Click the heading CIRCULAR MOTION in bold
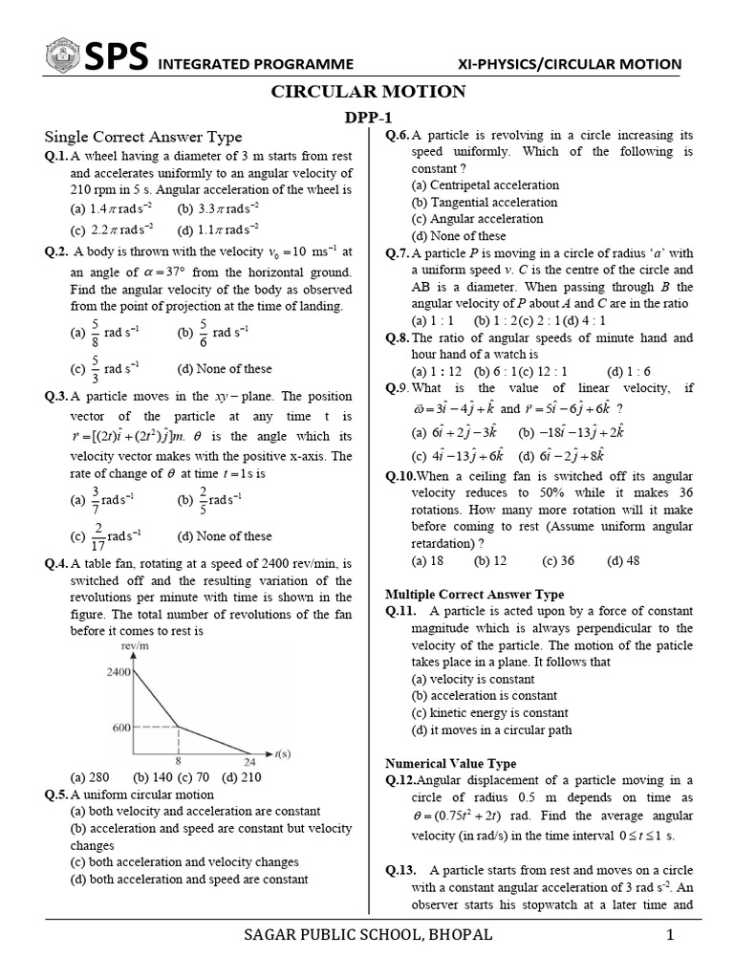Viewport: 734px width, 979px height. (x=369, y=92)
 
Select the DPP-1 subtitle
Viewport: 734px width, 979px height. (x=368, y=116)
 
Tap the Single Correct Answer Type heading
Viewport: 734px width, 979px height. (x=143, y=137)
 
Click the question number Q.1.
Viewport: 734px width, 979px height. (x=56, y=156)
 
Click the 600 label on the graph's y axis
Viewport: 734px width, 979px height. (x=120, y=728)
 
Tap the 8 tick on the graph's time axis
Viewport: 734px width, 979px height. (x=177, y=762)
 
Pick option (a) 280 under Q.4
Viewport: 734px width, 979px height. (x=91, y=777)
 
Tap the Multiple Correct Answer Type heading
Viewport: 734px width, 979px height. (x=474, y=594)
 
